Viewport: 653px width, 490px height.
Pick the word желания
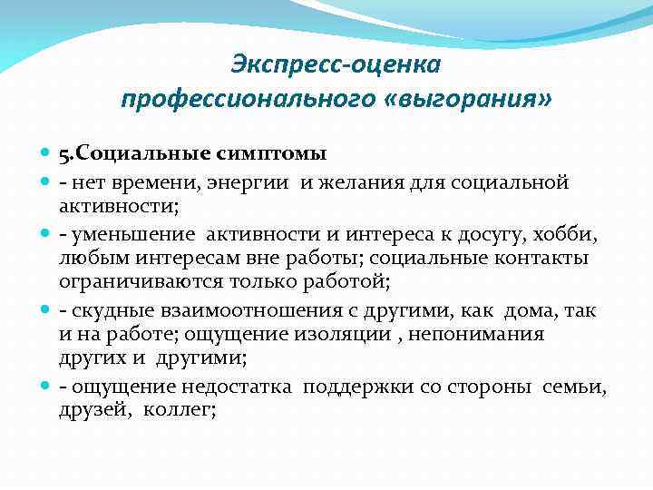point(351,182)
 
